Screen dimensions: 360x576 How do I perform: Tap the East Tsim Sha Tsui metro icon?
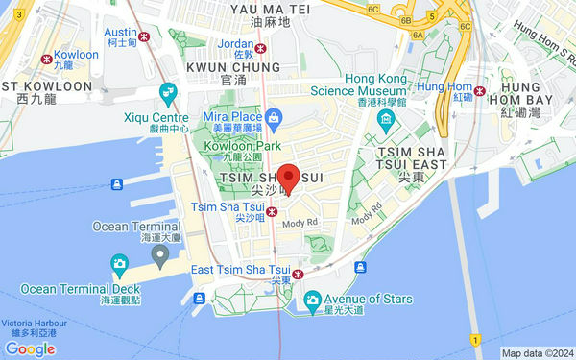point(299,275)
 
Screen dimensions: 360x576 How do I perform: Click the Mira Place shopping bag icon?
point(275,117)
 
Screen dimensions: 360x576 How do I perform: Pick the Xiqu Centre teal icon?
point(169,95)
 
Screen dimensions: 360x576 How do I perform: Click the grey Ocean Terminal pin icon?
point(160,253)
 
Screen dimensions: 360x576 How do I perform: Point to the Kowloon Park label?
point(241,146)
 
